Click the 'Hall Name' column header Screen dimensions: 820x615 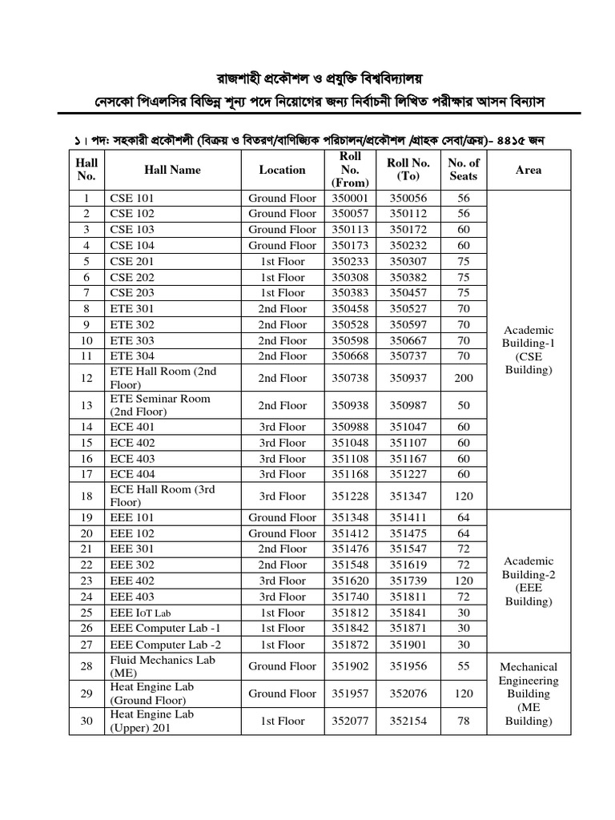[x=172, y=170]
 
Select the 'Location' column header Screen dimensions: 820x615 [x=282, y=170]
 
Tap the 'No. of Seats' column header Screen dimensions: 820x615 [x=464, y=170]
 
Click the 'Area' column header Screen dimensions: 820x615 [x=529, y=170]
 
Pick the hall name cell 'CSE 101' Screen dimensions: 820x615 [x=132, y=198]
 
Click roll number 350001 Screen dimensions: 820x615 [x=350, y=198]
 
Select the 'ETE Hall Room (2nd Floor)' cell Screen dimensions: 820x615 [x=163, y=378]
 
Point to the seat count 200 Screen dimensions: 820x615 [x=464, y=378]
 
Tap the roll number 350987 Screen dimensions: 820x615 [x=408, y=406]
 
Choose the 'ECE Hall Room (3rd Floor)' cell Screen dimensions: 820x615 [x=163, y=496]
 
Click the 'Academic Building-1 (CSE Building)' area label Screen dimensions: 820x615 [x=529, y=351]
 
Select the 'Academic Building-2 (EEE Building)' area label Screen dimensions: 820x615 [x=529, y=581]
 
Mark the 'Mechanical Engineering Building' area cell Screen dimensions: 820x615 [x=529, y=693]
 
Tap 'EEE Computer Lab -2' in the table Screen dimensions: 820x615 [x=164, y=645]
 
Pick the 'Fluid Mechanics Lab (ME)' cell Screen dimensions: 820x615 [x=163, y=666]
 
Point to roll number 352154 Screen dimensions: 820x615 [x=408, y=721]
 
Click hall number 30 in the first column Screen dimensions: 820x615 [x=86, y=721]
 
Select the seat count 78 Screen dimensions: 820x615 [x=464, y=721]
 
